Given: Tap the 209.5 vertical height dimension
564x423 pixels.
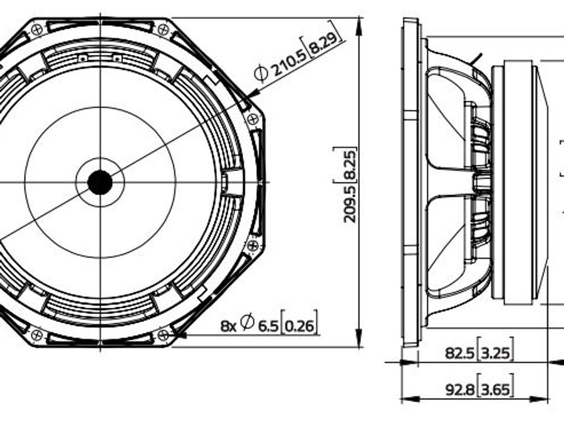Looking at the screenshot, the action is click(349, 204).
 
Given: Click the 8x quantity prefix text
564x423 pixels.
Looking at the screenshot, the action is click(228, 326).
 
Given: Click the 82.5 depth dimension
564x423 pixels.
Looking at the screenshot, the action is click(459, 353).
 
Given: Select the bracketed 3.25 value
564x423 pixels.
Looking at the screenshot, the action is click(495, 352).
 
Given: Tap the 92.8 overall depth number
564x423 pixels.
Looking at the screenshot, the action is click(460, 389).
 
